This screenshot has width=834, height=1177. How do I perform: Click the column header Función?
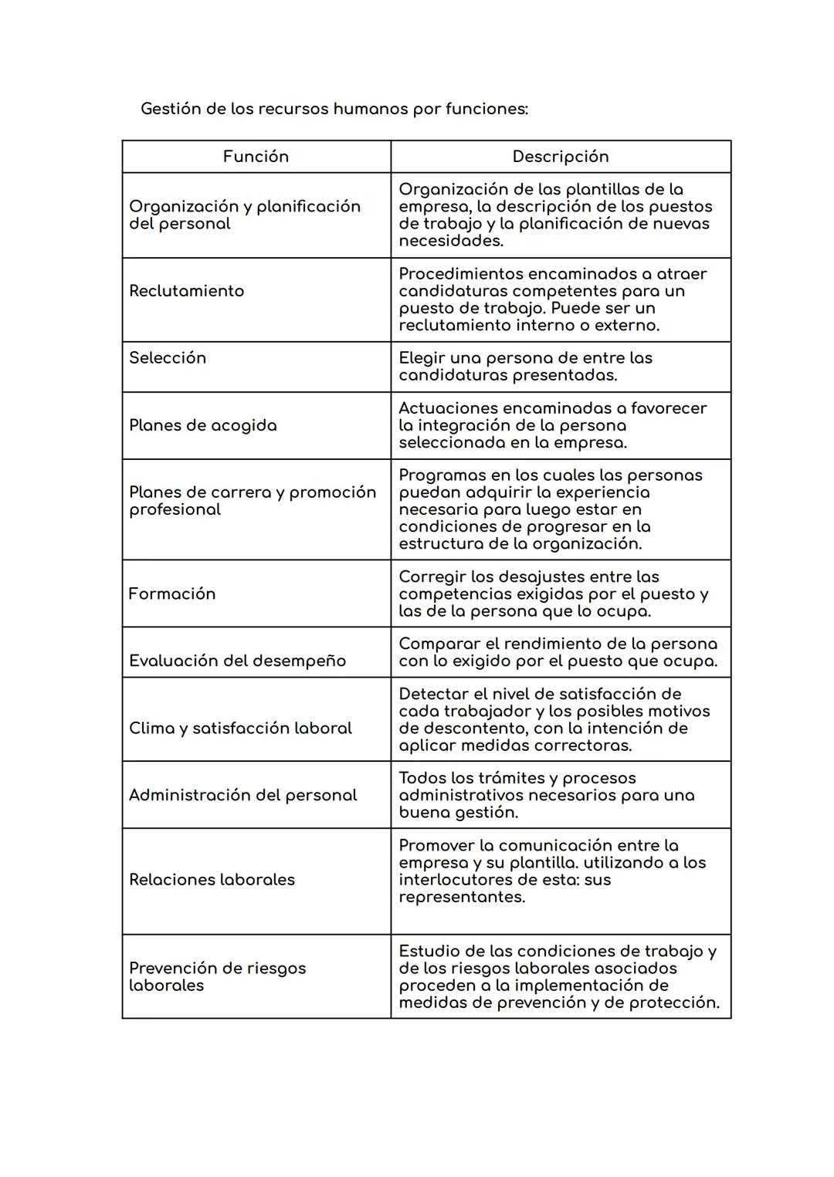coord(256,157)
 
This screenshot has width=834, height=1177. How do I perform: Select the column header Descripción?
coord(560,157)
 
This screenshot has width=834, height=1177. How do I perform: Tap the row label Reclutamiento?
coord(186,291)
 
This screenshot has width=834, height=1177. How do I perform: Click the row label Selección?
coord(168,358)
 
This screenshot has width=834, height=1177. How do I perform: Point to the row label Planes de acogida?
coord(202,425)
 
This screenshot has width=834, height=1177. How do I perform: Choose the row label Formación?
coord(171,594)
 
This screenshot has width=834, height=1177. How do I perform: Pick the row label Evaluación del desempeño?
coord(237,661)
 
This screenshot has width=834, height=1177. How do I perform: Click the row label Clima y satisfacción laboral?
coord(240,728)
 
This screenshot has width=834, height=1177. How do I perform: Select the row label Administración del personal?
coord(242,795)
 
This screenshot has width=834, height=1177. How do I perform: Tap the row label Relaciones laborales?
coord(212,880)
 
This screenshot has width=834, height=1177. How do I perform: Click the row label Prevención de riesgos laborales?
coord(217,976)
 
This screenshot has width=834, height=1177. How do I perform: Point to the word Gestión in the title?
coord(171,109)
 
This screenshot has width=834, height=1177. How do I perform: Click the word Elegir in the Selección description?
coord(422,358)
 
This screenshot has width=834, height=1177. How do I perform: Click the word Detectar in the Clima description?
coord(433,694)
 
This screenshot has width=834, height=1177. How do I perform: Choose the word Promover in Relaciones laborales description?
coord(436,845)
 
